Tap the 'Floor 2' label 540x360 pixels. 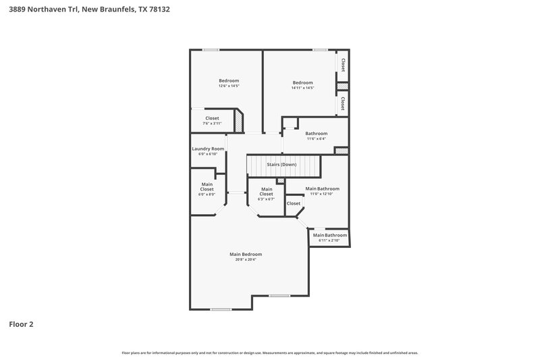(x=21, y=324)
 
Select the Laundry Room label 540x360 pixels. (x=208, y=149)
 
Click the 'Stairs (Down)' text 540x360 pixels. (x=281, y=165)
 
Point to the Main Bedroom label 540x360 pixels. (x=246, y=254)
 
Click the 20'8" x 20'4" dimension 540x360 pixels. (x=246, y=259)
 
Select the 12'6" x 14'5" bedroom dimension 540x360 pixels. (x=229, y=86)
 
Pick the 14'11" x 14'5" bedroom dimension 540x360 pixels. (x=303, y=88)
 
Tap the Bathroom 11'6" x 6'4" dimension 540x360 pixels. (x=316, y=139)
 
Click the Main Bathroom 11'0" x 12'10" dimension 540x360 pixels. (x=322, y=194)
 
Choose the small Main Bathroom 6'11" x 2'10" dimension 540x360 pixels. (x=329, y=240)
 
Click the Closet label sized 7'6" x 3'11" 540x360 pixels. (x=212, y=118)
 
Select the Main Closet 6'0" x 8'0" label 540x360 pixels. (x=207, y=187)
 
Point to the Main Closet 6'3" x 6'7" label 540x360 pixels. (x=267, y=191)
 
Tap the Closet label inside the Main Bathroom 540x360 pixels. (x=294, y=203)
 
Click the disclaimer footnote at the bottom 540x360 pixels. (x=270, y=353)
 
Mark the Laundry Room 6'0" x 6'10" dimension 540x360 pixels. (x=208, y=154)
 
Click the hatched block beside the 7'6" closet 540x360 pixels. (x=238, y=122)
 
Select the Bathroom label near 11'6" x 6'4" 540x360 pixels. (x=316, y=134)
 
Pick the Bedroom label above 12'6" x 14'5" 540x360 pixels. (x=229, y=81)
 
